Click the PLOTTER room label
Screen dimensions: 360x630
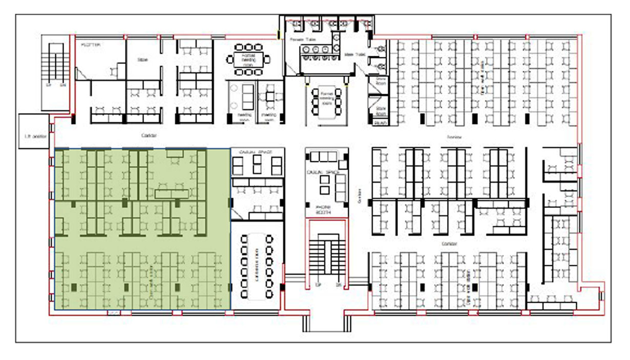91,45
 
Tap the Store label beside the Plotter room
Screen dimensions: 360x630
142,60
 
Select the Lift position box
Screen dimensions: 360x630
35,137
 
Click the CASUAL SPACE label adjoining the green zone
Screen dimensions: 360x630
256,152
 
